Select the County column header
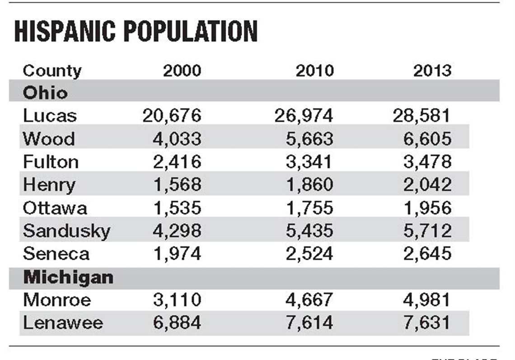(52, 71)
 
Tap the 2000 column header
(182, 71)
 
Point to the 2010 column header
(314, 71)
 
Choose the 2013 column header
(432, 71)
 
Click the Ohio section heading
(45, 93)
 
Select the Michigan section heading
(68, 277)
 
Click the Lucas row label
(50, 116)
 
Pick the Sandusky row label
(66, 231)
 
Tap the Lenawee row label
(63, 323)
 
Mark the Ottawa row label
(55, 208)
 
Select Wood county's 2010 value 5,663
(310, 139)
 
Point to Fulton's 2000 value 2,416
(177, 162)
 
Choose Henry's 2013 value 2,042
(427, 185)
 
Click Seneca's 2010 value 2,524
(310, 254)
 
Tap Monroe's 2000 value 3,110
(177, 300)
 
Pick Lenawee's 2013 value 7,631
(427, 323)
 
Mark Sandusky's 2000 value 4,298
(177, 231)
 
